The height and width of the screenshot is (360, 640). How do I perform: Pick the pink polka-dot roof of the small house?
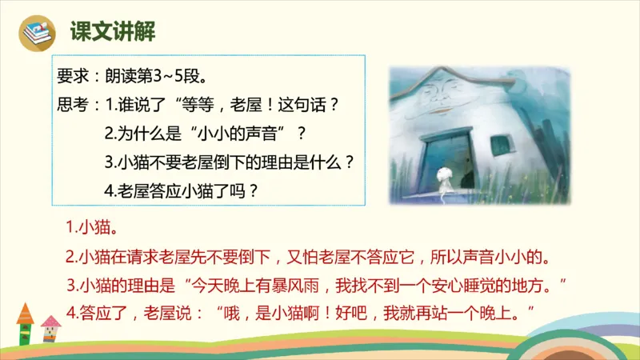click(x=51, y=322)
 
